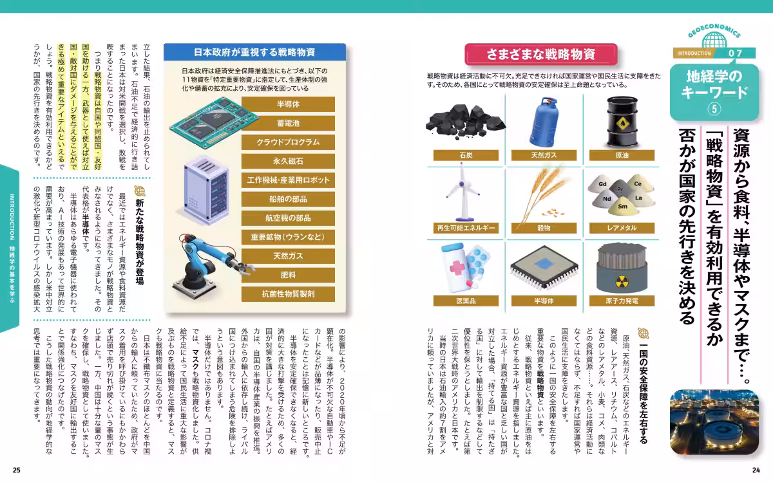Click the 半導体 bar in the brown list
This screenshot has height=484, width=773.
tap(288, 104)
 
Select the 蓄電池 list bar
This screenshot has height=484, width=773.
tap(288, 124)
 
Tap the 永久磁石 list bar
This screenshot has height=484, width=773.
tap(288, 161)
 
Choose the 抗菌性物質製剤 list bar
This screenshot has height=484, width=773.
tap(288, 294)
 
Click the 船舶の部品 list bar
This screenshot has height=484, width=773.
tap(288, 199)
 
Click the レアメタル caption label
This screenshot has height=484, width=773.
tap(622, 228)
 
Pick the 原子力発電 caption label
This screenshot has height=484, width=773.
tap(622, 301)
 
